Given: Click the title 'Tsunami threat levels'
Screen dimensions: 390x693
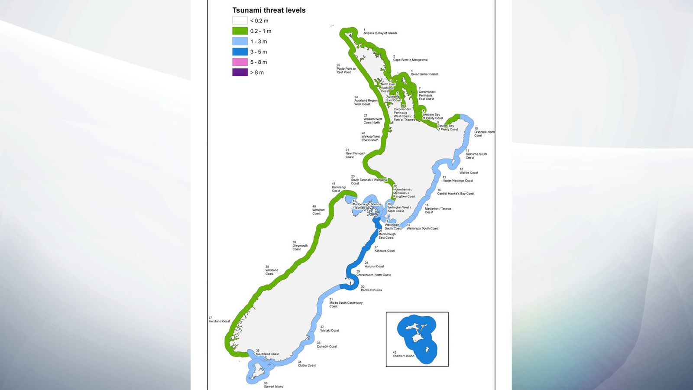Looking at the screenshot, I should click(x=269, y=10).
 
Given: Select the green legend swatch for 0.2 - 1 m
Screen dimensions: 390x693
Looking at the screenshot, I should click(x=240, y=31).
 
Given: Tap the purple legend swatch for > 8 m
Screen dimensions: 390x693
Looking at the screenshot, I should click(x=240, y=72).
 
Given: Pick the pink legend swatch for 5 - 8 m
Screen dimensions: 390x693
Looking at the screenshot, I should click(x=240, y=62).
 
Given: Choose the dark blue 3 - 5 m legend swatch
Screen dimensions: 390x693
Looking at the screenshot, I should click(x=240, y=52).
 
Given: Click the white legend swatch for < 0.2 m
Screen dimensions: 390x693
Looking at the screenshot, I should click(x=240, y=20).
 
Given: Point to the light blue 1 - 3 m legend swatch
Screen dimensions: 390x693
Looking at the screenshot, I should click(x=240, y=41).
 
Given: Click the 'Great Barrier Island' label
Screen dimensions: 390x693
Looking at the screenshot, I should click(x=424, y=74).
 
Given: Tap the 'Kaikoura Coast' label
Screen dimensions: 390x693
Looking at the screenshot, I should click(x=385, y=250).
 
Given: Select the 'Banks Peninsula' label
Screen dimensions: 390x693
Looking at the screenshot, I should click(x=371, y=290).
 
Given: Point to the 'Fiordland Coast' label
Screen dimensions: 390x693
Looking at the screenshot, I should click(x=220, y=321).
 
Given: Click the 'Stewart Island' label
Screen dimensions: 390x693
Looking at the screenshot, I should click(x=274, y=387).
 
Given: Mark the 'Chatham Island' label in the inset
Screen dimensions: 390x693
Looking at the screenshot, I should click(x=403, y=356).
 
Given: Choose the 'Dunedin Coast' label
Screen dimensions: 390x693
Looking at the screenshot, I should click(x=327, y=346).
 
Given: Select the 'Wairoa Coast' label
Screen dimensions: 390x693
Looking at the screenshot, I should click(x=469, y=172).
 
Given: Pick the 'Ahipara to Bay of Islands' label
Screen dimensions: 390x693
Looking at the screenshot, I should click(x=380, y=33).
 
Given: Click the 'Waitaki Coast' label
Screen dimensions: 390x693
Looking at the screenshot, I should click(x=330, y=330).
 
